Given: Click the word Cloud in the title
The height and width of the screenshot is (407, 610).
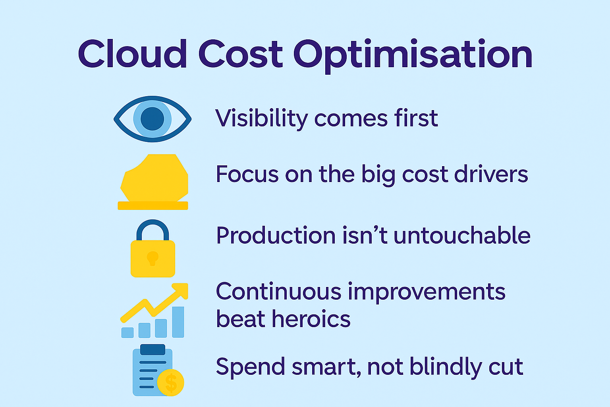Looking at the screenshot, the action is tap(133, 53).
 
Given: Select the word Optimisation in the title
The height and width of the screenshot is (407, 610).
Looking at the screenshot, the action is tap(413, 56).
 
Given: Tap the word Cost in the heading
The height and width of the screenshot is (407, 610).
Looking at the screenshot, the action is tap(241, 54).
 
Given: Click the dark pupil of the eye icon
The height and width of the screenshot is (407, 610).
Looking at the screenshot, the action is tap(152, 119).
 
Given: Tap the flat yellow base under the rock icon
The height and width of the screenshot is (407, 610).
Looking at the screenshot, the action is tap(153, 205).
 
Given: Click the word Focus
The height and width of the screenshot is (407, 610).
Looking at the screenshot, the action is tap(247, 174).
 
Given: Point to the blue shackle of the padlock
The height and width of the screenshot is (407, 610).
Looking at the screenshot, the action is tap(152, 229).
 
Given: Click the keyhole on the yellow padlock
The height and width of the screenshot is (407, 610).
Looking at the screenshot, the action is tap(152, 258).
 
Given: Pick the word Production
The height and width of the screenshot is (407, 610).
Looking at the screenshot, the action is tap(276, 235).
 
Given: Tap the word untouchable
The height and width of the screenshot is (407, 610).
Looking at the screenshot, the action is tap(462, 235).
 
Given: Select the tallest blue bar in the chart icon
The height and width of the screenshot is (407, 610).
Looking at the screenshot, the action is tap(178, 322).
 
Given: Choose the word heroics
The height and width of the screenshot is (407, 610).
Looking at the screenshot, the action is tap(311, 319).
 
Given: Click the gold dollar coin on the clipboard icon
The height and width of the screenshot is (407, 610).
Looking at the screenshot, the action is tap(171, 382).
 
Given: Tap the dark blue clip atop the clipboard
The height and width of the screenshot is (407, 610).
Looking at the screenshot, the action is tap(153, 349).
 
